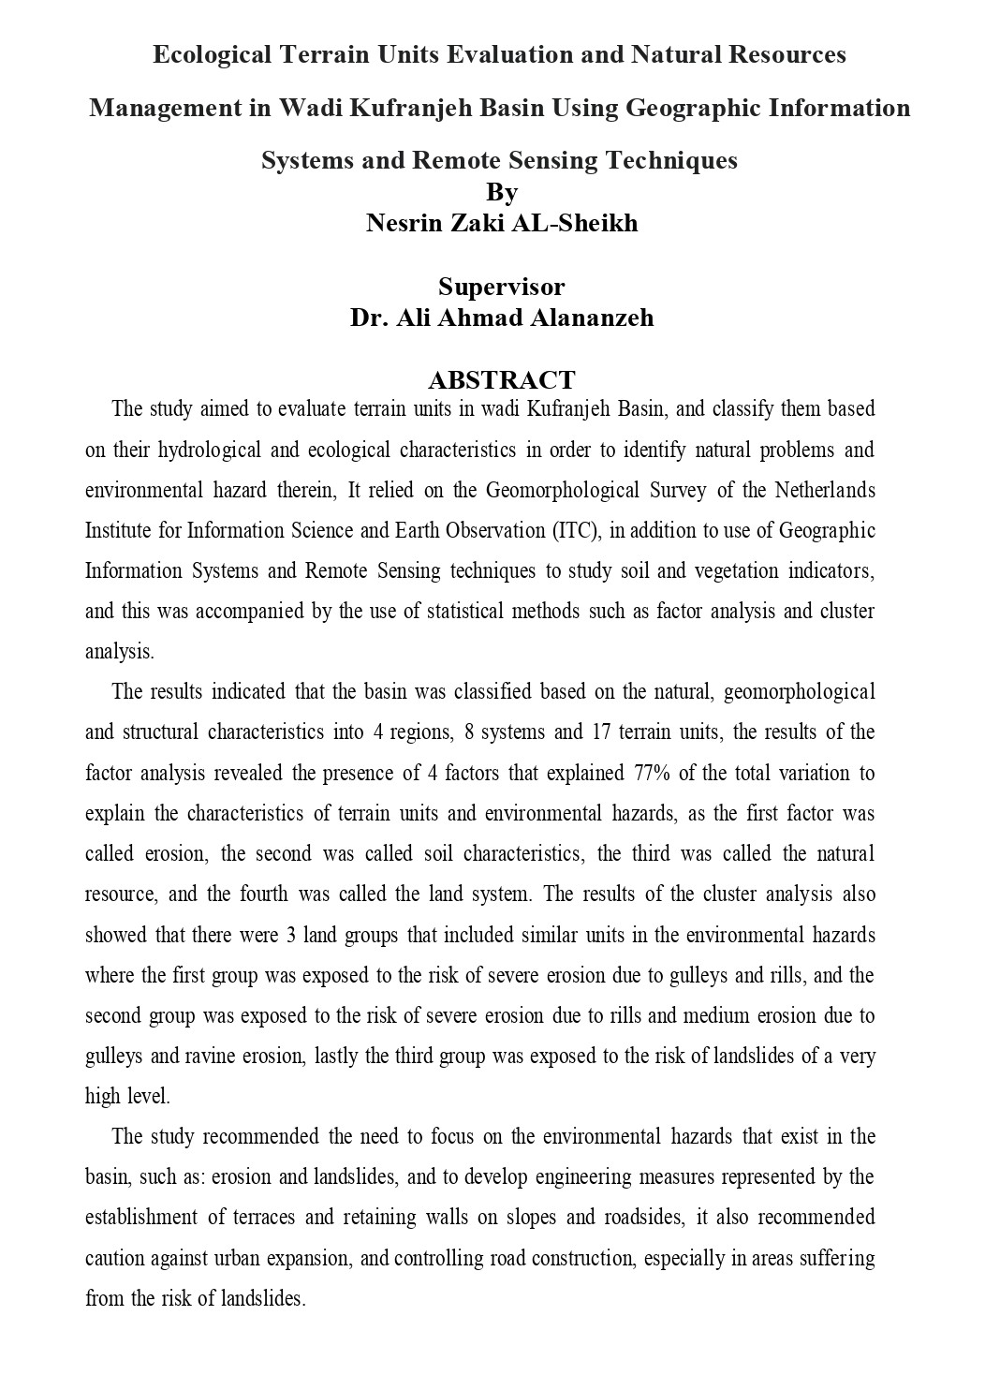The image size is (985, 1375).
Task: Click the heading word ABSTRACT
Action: [x=501, y=380]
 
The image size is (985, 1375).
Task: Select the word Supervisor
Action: [x=501, y=286]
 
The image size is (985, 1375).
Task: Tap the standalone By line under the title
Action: [x=502, y=192]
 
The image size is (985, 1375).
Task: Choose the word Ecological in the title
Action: [x=213, y=55]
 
